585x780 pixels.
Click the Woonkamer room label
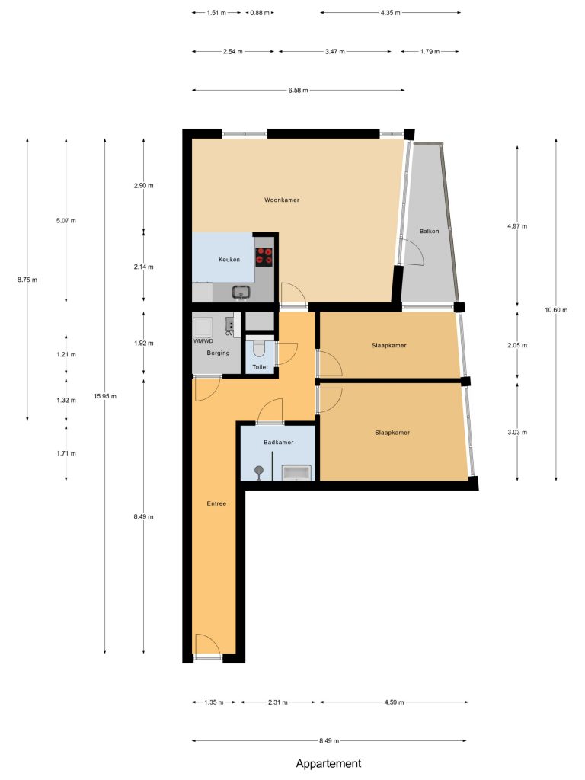pyautogui.click(x=282, y=200)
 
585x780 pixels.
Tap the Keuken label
pyautogui.click(x=229, y=260)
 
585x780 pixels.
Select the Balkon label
pyautogui.click(x=429, y=232)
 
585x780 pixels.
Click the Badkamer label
pyautogui.click(x=278, y=443)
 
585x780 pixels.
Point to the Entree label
pyautogui.click(x=216, y=504)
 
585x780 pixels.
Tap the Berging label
pyautogui.click(x=218, y=353)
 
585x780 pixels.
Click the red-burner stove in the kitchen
pyautogui.click(x=264, y=256)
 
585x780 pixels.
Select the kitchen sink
pyautogui.click(x=241, y=292)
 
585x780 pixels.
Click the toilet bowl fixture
pyautogui.click(x=260, y=349)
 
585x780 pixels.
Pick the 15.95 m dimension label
pyautogui.click(x=105, y=396)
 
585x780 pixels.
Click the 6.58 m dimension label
pyautogui.click(x=298, y=91)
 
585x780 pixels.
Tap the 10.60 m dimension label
pyautogui.click(x=556, y=310)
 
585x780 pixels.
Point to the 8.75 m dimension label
pyautogui.click(x=27, y=280)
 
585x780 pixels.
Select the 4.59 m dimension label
pyautogui.click(x=394, y=702)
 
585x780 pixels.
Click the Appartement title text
pyautogui.click(x=329, y=763)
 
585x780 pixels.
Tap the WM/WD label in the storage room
pyautogui.click(x=203, y=341)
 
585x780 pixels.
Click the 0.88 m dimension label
pyautogui.click(x=260, y=13)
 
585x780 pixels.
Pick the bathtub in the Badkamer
pyautogui.click(x=296, y=472)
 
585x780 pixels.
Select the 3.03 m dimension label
pyautogui.click(x=517, y=433)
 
